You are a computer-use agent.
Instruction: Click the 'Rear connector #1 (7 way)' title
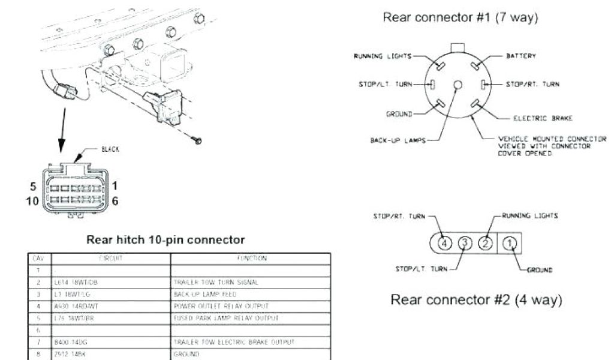tap(460, 18)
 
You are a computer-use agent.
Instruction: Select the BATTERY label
tap(521, 56)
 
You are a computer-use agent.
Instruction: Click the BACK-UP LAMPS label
tap(398, 141)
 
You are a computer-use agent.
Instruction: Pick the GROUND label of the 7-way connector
tap(399, 113)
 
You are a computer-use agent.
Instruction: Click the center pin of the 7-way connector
tap(458, 85)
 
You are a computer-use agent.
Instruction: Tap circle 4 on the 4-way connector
tap(444, 243)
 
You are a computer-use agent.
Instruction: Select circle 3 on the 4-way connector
tap(465, 243)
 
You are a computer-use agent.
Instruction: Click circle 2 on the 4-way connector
tap(487, 243)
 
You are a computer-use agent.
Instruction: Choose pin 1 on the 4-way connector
tap(509, 243)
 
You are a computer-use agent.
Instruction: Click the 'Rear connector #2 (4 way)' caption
tap(477, 299)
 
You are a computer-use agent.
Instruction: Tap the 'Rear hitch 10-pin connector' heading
tap(165, 240)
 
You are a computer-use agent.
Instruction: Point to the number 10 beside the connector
tap(32, 201)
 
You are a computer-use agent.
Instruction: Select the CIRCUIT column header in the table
tap(110, 259)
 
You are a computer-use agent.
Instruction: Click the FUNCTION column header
tap(250, 259)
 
